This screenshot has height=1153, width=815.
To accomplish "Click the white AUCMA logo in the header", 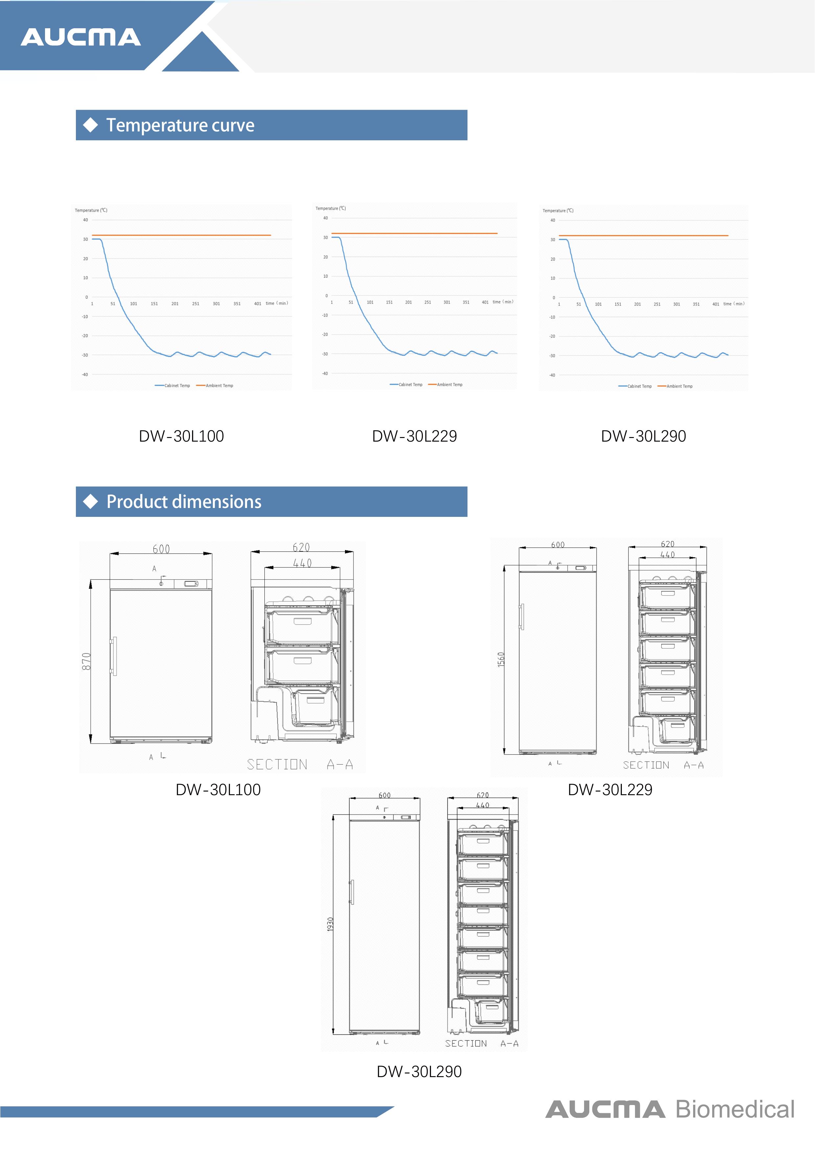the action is click(x=80, y=37).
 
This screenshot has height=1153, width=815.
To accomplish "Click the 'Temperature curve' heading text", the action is click(x=180, y=125).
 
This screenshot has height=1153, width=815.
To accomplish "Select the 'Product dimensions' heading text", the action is click(x=184, y=502).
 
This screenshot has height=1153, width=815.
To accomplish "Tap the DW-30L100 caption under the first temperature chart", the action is click(x=181, y=436).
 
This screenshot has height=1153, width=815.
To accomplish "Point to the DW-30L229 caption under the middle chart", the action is click(x=414, y=436).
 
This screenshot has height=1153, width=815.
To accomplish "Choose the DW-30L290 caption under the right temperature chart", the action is click(x=643, y=436).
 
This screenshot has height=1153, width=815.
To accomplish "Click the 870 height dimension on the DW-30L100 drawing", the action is click(x=86, y=661).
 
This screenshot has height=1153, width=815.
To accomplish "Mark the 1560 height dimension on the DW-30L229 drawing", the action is click(x=501, y=659).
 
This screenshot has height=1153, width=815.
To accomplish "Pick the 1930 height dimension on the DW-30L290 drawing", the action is click(x=330, y=924).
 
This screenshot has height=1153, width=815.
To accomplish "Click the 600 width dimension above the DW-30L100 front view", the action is click(x=161, y=549).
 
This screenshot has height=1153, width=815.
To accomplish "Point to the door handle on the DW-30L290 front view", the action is click(x=351, y=892).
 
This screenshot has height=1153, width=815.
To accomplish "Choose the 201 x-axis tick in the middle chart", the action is click(x=408, y=302).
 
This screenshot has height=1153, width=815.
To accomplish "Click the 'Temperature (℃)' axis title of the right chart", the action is click(x=558, y=210).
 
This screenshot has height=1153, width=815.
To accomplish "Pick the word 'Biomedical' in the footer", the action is click(x=735, y=1109).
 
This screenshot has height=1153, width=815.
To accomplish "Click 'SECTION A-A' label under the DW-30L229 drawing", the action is click(x=663, y=765).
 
